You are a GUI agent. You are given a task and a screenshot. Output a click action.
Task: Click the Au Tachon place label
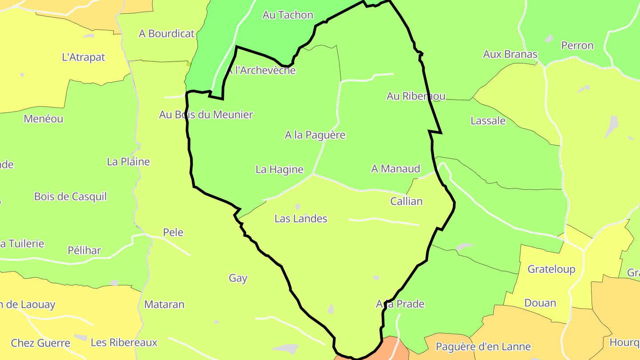[x=288, y=15]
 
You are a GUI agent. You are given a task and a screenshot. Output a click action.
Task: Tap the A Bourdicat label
[x=167, y=34]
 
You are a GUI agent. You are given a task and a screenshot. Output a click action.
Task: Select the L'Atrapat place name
[x=84, y=57]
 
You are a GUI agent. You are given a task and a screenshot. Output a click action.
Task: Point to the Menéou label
[x=44, y=119]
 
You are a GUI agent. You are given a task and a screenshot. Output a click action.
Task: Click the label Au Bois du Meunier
[x=206, y=115]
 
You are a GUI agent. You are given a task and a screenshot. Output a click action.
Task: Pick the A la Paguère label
[x=315, y=135]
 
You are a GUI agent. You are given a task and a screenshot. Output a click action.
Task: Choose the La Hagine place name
[x=280, y=169]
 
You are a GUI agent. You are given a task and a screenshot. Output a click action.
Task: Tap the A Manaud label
[x=396, y=169]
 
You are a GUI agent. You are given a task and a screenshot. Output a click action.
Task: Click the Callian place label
[x=406, y=201]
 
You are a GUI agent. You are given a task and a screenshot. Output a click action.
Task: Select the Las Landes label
[x=301, y=219]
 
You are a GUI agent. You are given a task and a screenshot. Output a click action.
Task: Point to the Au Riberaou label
[x=416, y=96]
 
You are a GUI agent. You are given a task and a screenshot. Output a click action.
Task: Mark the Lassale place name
[x=488, y=121]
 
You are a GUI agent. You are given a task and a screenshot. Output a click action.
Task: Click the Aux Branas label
[x=510, y=55]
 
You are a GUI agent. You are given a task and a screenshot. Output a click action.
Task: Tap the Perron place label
[x=577, y=46]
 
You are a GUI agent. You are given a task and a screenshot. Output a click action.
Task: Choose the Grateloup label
[x=551, y=269]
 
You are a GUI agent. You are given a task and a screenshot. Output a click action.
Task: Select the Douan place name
[x=540, y=303]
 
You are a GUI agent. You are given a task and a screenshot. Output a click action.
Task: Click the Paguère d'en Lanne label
[x=483, y=347]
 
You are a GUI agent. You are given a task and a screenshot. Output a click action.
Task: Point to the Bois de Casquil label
[x=71, y=197]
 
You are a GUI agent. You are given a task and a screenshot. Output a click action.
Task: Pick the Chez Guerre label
[x=40, y=343]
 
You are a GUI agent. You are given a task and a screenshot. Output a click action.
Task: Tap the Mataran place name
[x=164, y=305]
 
